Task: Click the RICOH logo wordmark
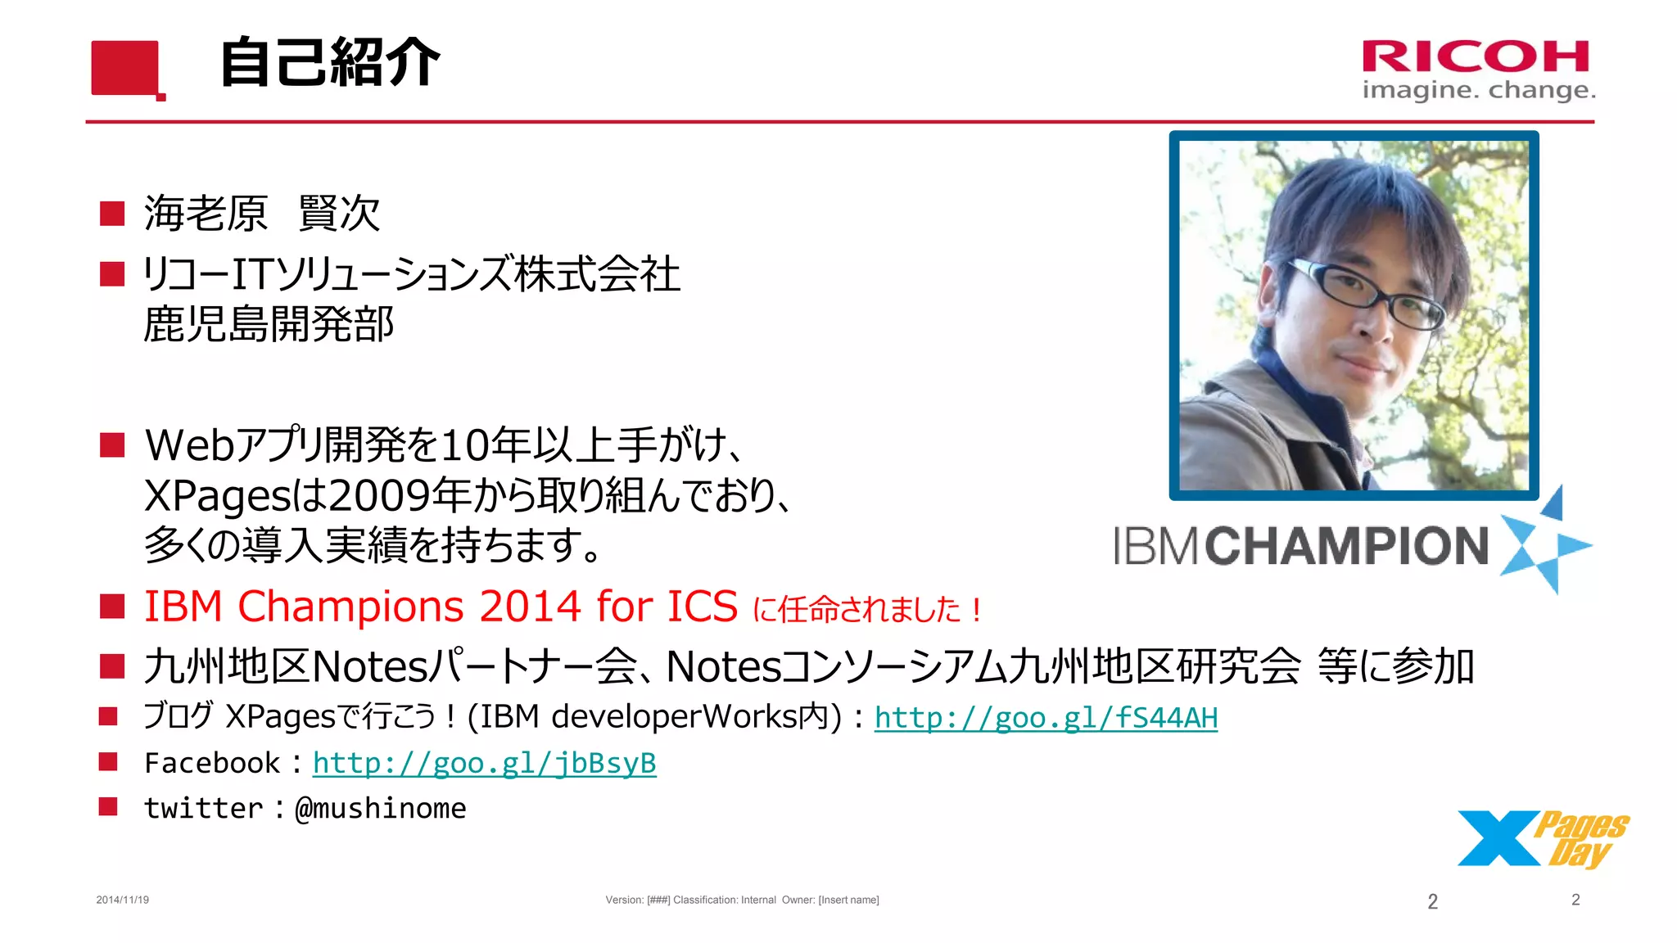(1476, 57)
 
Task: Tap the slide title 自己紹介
(330, 63)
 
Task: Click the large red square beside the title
(125, 68)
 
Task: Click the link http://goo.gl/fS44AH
(1046, 718)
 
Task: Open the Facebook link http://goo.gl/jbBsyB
(484, 763)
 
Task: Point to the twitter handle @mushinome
(381, 808)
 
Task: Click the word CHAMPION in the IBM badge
(1345, 546)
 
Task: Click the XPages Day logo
(1542, 838)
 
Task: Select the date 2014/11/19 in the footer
(123, 900)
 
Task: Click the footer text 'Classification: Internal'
(724, 900)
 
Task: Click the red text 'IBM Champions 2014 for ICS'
(441, 607)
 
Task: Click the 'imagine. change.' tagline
(1478, 90)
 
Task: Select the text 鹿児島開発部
(269, 324)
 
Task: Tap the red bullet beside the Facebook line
(108, 762)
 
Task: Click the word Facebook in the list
(212, 763)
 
